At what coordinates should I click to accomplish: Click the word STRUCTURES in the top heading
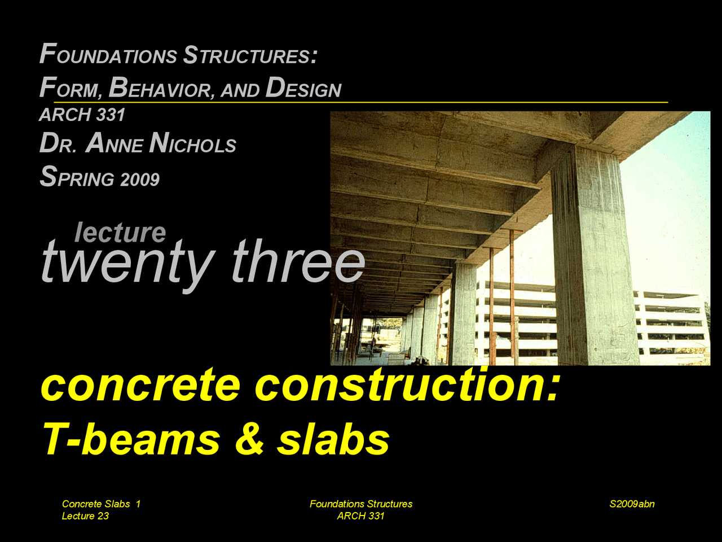tap(249, 55)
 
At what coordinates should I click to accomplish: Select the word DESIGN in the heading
tap(303, 88)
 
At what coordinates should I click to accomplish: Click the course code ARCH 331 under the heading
tap(82, 115)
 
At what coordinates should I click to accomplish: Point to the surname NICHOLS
tap(193, 144)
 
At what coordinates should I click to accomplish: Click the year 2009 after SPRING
tap(139, 180)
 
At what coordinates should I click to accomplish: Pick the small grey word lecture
tap(120, 232)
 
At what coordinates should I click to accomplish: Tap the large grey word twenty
tap(127, 263)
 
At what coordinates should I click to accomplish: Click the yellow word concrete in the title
tap(141, 385)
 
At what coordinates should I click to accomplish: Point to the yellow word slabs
tap(333, 439)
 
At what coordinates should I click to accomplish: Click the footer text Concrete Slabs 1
tap(101, 504)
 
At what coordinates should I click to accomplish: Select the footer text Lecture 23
tap(85, 516)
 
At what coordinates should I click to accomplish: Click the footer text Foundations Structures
tap(360, 504)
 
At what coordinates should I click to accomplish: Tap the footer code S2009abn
tap(632, 504)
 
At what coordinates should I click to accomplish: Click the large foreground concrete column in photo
tap(592, 254)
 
